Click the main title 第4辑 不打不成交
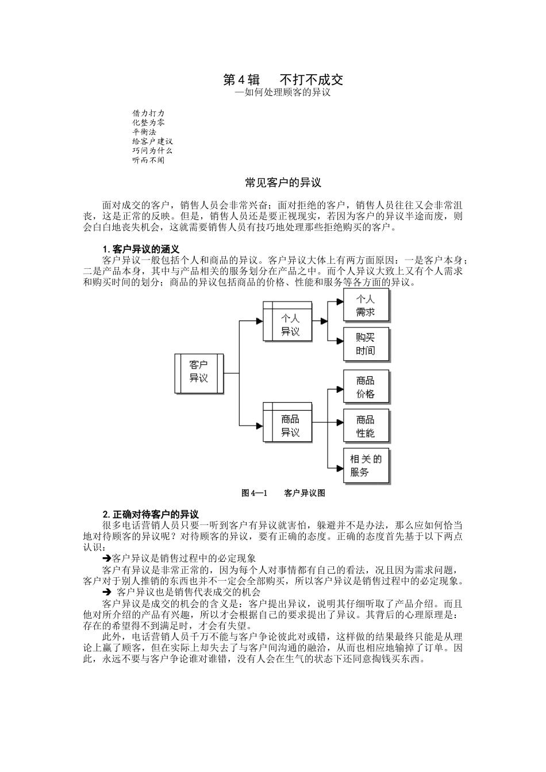point(283,80)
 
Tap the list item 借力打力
point(148,114)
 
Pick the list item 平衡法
point(144,132)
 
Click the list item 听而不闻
point(148,160)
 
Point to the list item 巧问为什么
point(152,150)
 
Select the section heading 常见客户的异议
point(283,183)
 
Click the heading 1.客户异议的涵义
point(141,249)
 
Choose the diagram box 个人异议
point(290,325)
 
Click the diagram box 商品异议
point(290,426)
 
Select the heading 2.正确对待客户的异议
point(151,514)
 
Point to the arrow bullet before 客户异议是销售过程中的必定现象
point(106,558)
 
